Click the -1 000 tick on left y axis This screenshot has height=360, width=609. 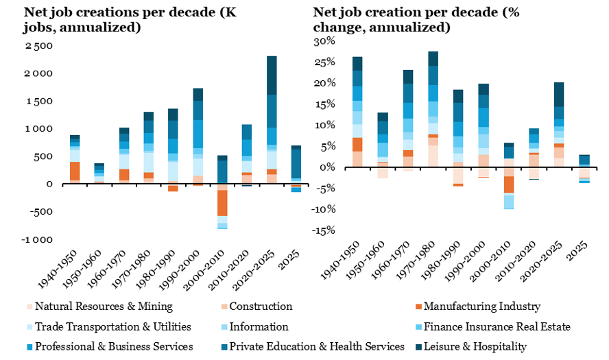[37, 239]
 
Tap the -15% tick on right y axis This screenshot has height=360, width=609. [324, 230]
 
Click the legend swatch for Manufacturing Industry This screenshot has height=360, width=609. [415, 307]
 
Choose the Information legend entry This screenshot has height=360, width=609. [259, 326]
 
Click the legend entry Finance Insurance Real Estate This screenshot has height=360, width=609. [497, 326]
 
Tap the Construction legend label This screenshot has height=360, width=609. [261, 307]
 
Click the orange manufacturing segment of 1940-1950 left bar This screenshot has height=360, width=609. [74, 171]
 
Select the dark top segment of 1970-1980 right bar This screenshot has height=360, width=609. [433, 59]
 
